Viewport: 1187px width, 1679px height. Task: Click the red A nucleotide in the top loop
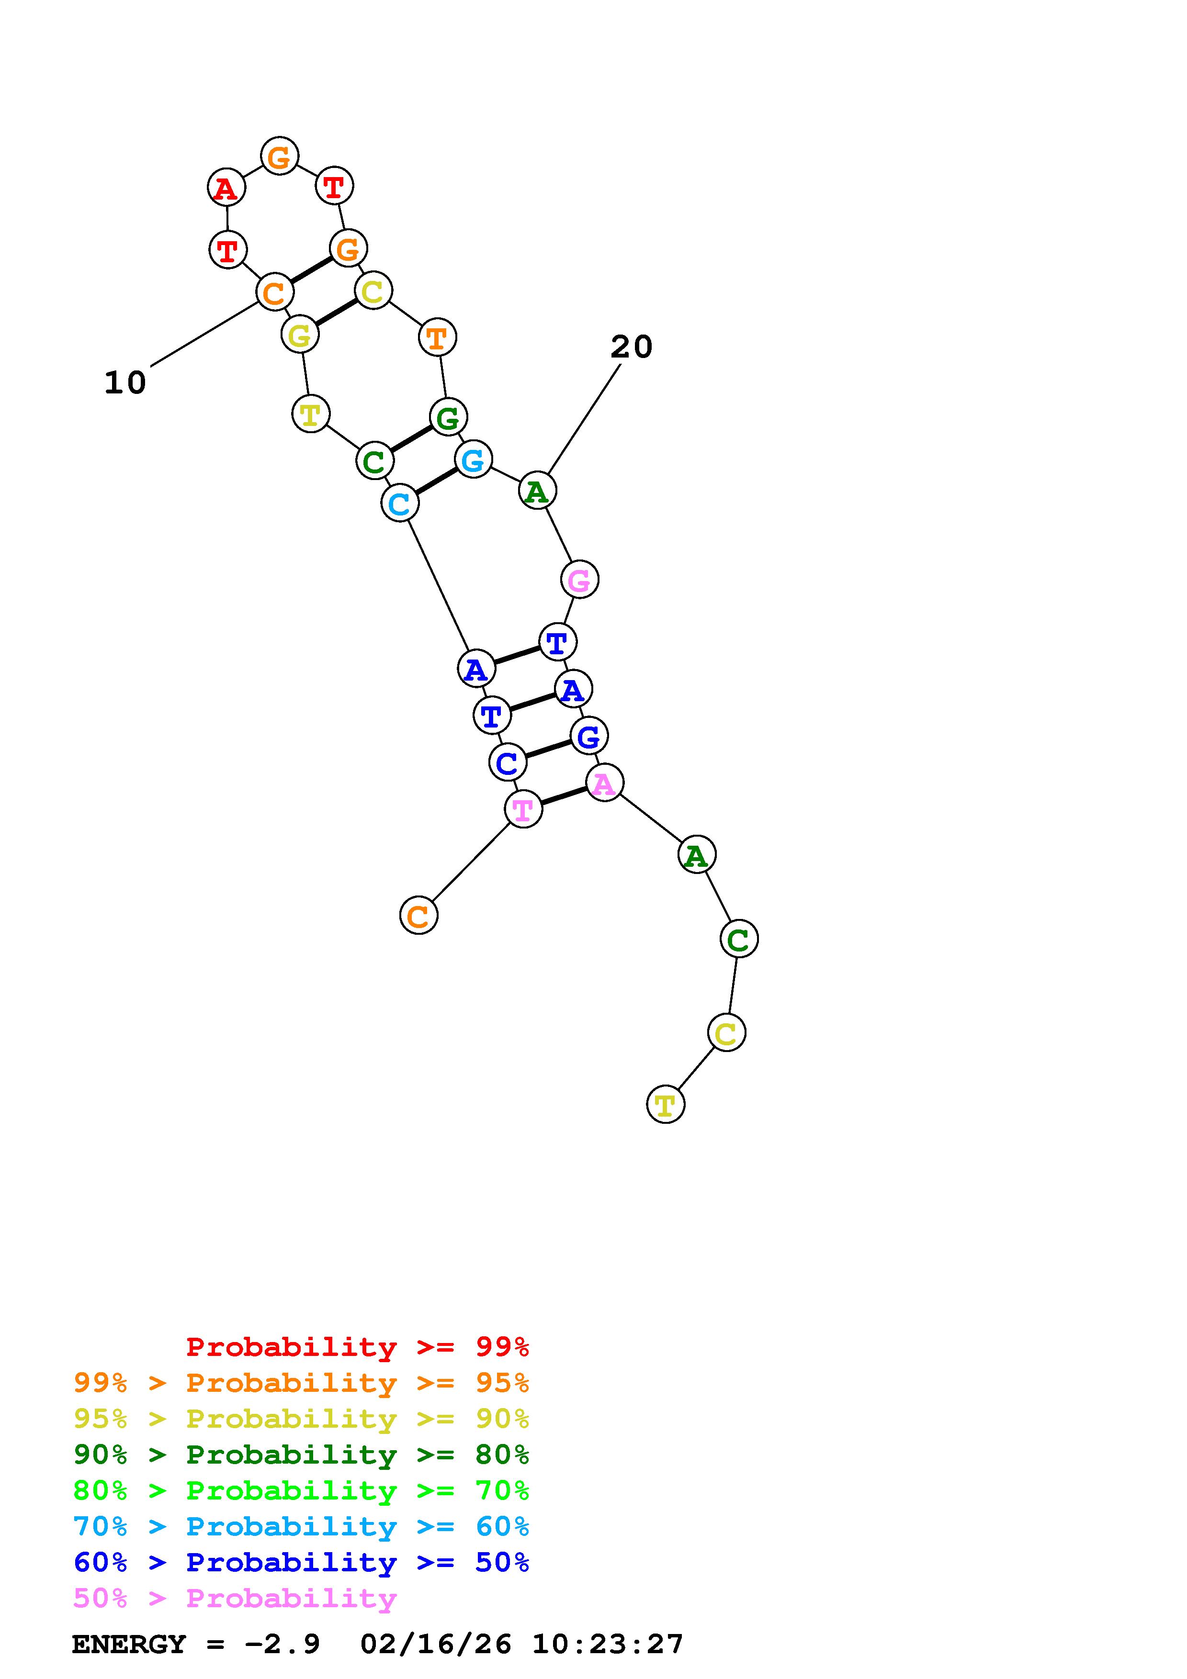pos(226,188)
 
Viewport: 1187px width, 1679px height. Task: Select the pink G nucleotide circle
pos(579,580)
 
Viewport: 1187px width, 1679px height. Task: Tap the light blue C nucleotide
pos(399,503)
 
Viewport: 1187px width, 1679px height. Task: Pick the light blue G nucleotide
pos(473,460)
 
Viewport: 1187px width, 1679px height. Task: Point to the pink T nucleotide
pos(523,809)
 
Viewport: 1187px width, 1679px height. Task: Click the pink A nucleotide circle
pos(604,783)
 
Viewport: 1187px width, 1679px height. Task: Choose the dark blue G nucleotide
pos(589,736)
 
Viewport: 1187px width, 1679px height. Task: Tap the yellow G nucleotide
pos(300,335)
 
